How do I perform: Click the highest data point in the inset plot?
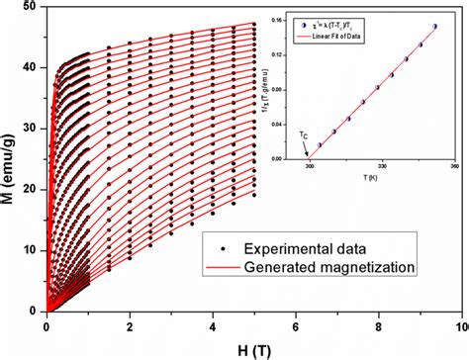pos(434,27)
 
